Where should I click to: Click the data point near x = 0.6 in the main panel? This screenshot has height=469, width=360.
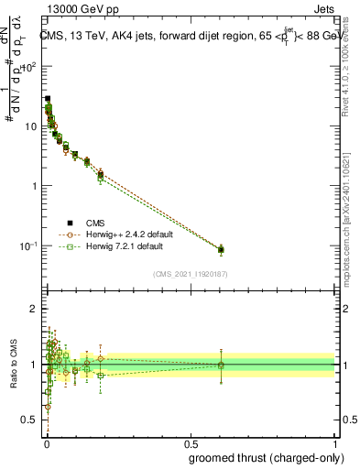220,249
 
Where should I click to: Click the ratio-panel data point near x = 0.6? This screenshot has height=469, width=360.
220,365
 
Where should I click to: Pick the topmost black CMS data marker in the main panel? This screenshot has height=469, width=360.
48,98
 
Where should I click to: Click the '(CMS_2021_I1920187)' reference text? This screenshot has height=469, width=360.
190,274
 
